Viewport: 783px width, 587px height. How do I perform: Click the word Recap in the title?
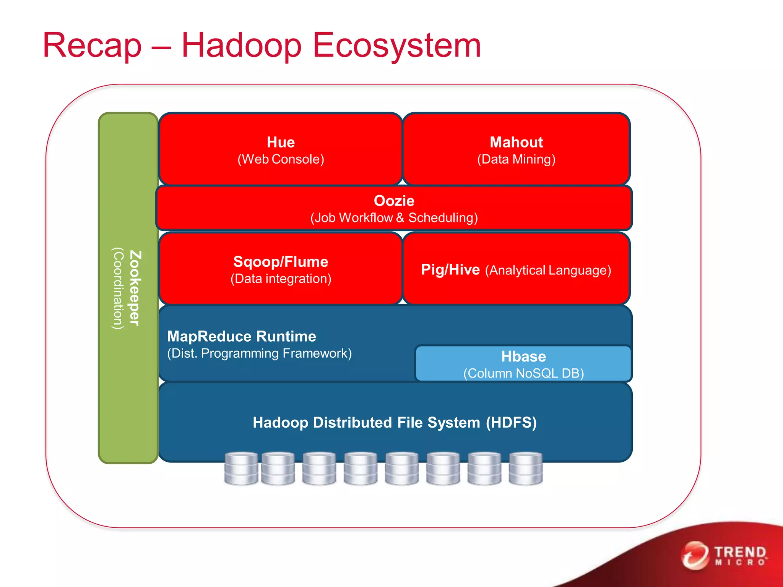point(92,46)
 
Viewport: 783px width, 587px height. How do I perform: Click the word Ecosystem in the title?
point(396,46)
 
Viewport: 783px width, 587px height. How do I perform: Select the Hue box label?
point(281,143)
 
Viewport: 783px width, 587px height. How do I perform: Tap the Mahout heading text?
point(516,143)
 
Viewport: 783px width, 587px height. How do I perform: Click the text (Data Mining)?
point(516,159)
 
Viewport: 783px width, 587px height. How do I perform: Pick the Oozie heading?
point(394,201)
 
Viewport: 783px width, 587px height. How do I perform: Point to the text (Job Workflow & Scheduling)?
point(394,218)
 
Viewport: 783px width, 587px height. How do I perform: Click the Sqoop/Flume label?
point(281,262)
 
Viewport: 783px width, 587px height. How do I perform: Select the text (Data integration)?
point(281,279)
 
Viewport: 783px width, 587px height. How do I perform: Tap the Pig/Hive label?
point(450,270)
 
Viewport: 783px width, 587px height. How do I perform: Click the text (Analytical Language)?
point(548,271)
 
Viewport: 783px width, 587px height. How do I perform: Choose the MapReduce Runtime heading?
point(242,337)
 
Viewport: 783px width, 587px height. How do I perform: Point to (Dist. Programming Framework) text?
point(259,353)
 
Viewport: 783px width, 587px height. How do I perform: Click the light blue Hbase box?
point(523,363)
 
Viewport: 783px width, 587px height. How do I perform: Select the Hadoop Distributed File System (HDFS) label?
point(395,423)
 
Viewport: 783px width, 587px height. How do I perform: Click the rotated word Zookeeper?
point(135,288)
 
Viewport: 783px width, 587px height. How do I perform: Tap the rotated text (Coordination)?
point(118,288)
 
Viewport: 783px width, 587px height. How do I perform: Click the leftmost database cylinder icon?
point(241,469)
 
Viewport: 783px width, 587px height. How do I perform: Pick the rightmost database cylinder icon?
point(526,469)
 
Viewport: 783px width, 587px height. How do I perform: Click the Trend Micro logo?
point(725,555)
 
